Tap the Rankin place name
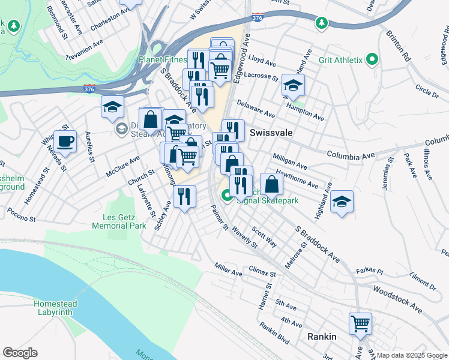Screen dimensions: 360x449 pos(322,337)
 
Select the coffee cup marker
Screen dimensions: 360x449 pos(65,142)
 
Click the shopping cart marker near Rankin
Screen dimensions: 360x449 pos(361,324)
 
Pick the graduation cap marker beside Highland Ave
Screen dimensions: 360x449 pos(342,202)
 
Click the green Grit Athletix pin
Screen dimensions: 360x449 pos(372,59)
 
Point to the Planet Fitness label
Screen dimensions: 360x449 pos(164,59)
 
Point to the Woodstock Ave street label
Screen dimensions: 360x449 pos(397,297)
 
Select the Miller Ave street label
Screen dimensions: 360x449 pos(228,269)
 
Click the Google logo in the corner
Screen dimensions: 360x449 pos(20,353)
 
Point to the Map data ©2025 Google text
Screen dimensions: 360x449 pos(412,355)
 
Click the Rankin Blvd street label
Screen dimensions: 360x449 pos(275,335)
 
